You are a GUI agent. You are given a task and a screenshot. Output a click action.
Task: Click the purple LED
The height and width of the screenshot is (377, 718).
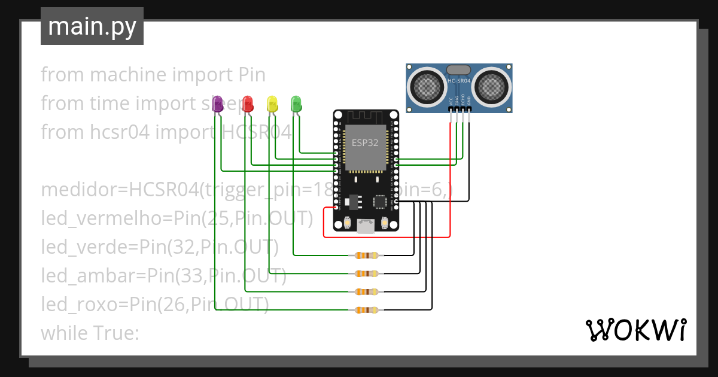click(218, 103)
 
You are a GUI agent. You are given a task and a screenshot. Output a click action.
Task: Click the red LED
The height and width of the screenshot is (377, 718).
click(247, 103)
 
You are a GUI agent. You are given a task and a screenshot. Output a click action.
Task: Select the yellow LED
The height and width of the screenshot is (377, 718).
click(272, 103)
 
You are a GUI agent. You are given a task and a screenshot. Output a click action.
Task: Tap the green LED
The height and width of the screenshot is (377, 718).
click(296, 103)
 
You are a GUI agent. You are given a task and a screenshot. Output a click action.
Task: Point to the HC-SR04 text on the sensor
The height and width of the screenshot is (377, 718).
click(459, 80)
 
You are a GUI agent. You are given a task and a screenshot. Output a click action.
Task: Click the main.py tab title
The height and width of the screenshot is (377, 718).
click(92, 26)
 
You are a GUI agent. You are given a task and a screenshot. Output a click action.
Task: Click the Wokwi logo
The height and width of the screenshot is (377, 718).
click(635, 330)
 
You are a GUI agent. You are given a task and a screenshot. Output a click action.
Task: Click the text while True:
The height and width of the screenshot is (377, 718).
click(90, 333)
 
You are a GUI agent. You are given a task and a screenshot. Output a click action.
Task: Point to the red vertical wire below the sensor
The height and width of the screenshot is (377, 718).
click(450, 180)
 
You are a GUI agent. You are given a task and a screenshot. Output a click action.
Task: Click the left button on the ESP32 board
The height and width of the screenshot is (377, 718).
click(347, 223)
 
